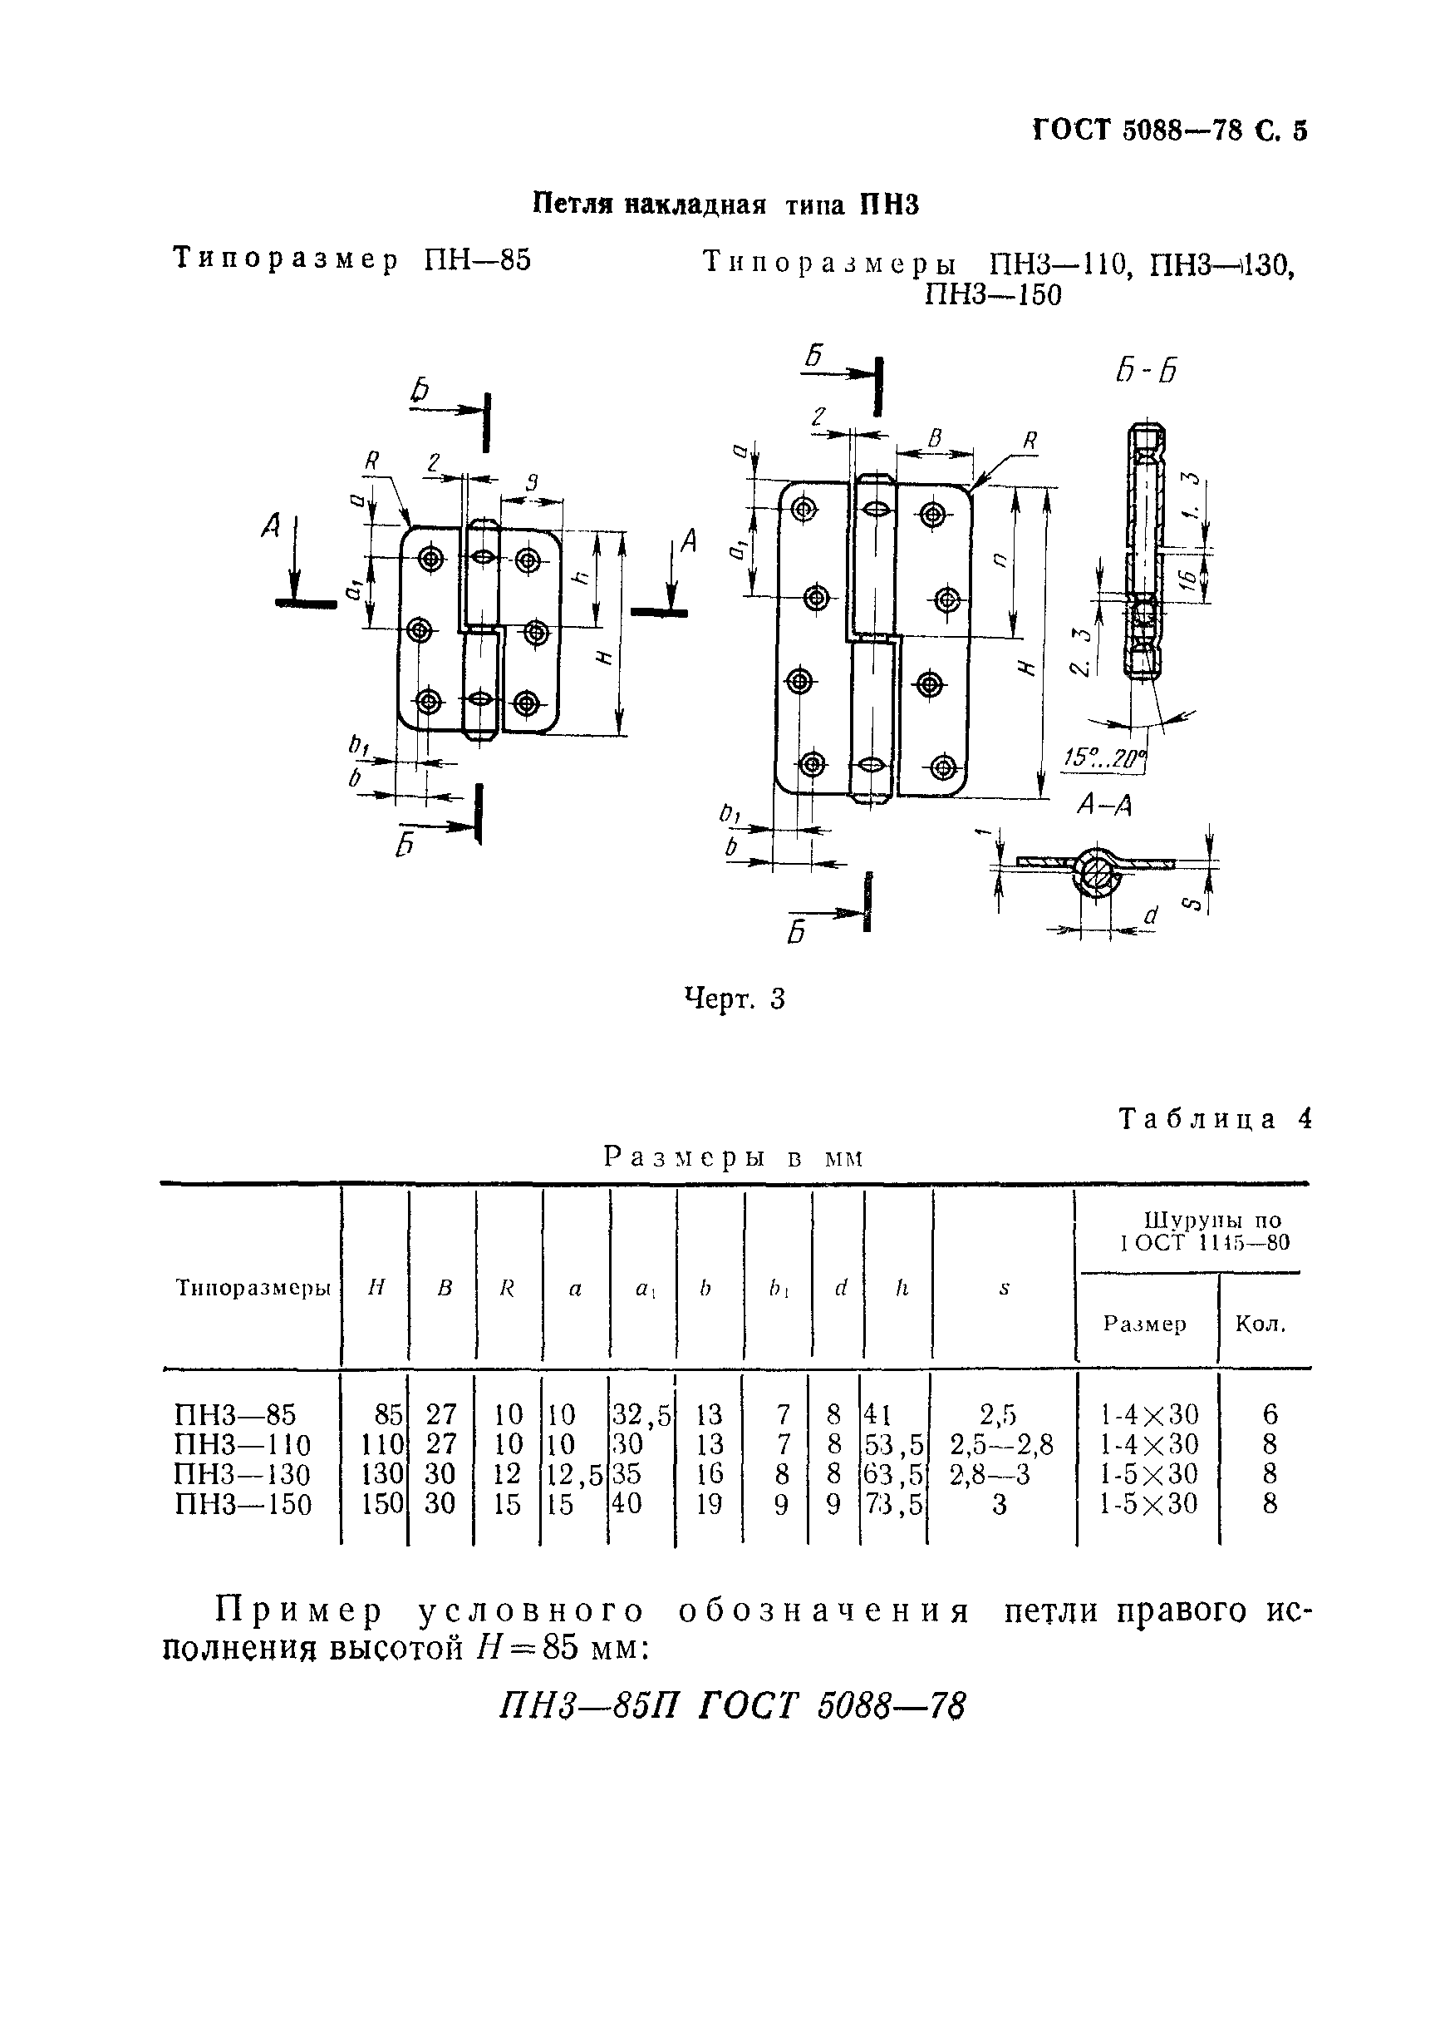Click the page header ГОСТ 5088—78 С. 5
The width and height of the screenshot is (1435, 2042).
1169,131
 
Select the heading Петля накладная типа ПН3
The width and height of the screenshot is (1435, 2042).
725,205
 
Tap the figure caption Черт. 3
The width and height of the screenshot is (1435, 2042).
735,999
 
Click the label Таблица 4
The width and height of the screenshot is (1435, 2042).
1215,1119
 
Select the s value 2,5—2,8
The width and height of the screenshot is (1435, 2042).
1001,1444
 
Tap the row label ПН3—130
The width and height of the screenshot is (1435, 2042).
243,1475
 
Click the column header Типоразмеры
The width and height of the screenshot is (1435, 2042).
253,1289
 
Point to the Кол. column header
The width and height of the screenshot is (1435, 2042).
1261,1324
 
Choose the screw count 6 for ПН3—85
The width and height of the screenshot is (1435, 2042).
1270,1414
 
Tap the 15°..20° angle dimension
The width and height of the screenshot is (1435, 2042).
1106,758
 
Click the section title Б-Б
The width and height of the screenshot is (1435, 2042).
1146,370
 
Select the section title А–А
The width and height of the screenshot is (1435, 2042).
1104,806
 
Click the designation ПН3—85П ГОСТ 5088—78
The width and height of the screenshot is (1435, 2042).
732,1706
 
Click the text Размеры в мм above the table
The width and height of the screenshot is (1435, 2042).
734,1157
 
